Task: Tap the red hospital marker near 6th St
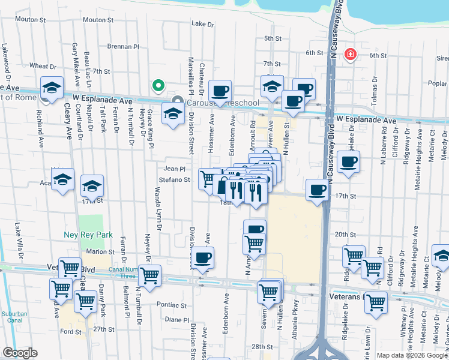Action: [349, 55]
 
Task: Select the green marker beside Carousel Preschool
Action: [158, 86]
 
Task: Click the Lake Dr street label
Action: [202, 24]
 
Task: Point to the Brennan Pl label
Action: [122, 46]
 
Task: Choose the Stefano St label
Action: [174, 179]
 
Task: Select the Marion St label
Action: [100, 251]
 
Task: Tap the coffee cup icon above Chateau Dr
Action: [220, 91]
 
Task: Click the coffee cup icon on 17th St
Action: [317, 190]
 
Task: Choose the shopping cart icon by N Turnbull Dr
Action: [149, 275]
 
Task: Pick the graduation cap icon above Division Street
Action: [173, 112]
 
